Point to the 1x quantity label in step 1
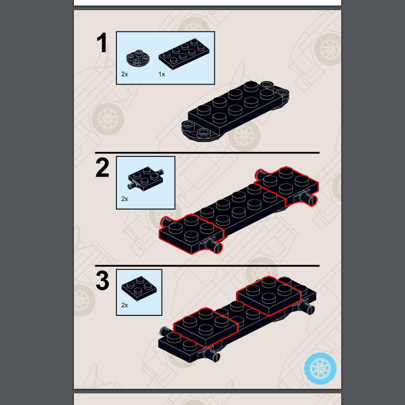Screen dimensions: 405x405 pos(161,74)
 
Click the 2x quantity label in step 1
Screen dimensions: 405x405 pos(125,74)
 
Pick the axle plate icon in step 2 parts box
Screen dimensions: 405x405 pos(145,178)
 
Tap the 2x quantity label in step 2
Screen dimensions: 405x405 pos(125,199)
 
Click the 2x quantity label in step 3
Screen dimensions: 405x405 pos(125,305)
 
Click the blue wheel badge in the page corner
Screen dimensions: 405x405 pos(320,369)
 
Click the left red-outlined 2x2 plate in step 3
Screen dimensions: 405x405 pos(206,326)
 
